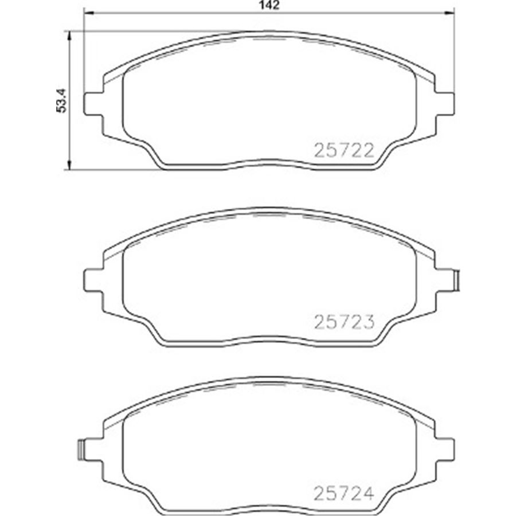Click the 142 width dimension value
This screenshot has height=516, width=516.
[269, 5]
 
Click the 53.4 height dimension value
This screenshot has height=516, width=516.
[61, 101]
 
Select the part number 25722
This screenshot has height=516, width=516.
[344, 151]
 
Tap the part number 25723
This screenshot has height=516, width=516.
[344, 322]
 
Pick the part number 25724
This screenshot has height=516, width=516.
[344, 493]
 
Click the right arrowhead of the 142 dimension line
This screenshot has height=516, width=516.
[449, 13]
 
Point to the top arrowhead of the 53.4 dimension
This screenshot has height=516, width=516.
[69, 37]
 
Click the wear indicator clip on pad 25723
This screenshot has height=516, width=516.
[456, 280]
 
